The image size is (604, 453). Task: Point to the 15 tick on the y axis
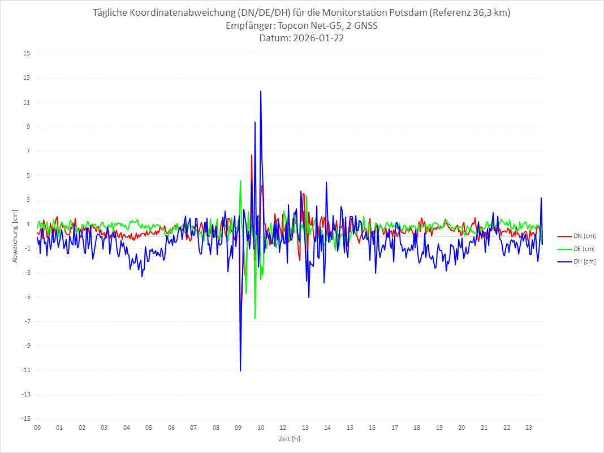27,54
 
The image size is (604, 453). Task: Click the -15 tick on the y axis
26,419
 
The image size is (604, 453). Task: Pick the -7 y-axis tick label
27,322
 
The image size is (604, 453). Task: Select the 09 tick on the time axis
238,428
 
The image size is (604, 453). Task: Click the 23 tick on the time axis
529,428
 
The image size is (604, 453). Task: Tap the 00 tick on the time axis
37,428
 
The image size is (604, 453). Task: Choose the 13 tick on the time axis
305,428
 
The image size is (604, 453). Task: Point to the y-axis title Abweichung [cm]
15,236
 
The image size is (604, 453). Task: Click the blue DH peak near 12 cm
261,91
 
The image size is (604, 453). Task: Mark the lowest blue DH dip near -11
240,371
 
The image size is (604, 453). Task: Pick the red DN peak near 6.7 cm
252,155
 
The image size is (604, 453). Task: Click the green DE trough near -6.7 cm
255,318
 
